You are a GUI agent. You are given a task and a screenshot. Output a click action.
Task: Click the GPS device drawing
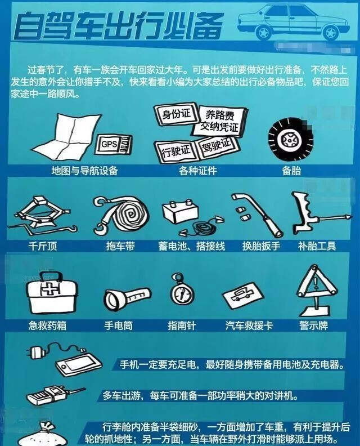click(x=115, y=144)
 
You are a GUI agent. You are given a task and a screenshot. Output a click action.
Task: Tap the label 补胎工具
click(x=317, y=247)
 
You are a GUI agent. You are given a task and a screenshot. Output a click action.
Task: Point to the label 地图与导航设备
click(x=85, y=171)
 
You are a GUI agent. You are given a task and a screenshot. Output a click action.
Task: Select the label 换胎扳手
click(x=260, y=247)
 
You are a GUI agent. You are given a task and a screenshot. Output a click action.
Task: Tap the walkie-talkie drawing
click(x=47, y=394)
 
